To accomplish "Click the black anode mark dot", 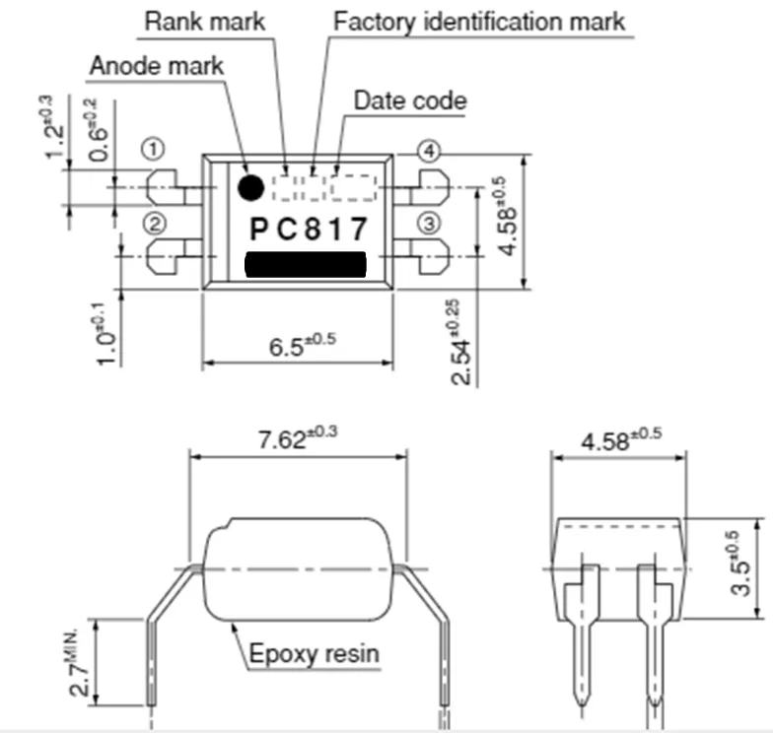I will (250, 185).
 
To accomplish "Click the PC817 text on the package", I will (308, 230).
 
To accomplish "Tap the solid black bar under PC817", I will (305, 265).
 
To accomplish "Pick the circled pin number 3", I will (427, 222).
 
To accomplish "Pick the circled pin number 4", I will (427, 151).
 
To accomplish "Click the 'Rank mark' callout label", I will (206, 20).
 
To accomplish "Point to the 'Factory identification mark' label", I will (479, 20).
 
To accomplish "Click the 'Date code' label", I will (410, 100).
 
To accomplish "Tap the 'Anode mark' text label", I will (157, 66).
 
